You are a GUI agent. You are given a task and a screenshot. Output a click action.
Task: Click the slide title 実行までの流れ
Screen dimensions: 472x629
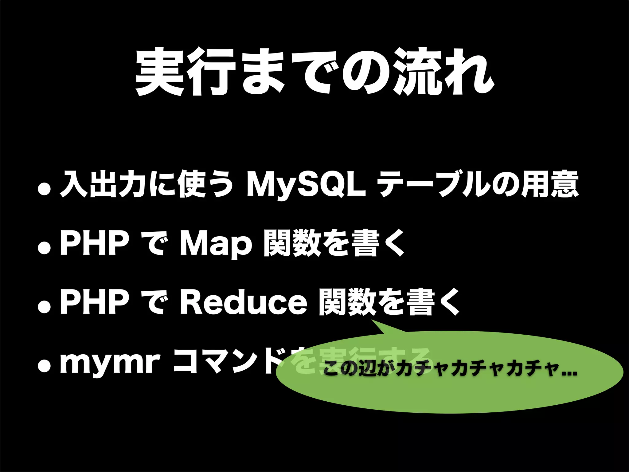314,71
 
